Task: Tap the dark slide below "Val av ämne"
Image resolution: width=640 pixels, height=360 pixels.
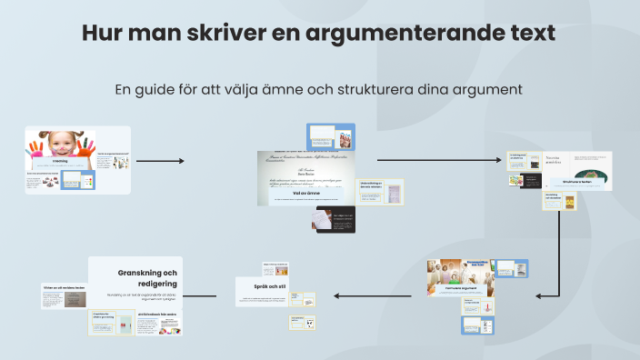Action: tap(332, 219)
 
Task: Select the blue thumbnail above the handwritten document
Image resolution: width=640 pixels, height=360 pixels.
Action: tap(331, 136)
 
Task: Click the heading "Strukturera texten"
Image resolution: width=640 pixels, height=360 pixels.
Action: tap(576, 182)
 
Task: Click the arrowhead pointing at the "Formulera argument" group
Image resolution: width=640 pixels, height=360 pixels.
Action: tap(540, 295)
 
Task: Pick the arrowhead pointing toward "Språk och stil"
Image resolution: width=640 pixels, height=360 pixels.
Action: tap(335, 295)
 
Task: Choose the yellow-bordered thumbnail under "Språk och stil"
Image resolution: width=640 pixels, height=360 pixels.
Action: tap(304, 321)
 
